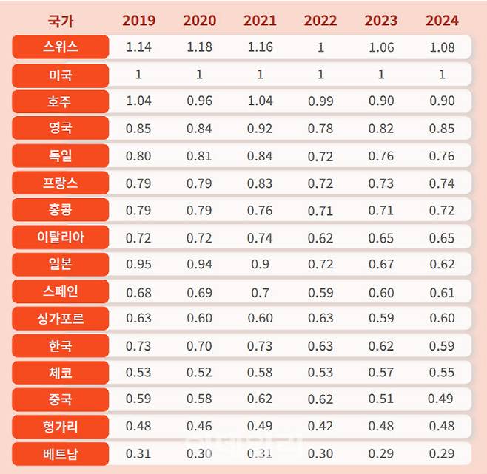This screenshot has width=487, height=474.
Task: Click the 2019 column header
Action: click(x=138, y=21)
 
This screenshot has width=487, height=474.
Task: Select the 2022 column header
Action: click(x=320, y=21)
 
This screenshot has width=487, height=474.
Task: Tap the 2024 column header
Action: click(x=442, y=21)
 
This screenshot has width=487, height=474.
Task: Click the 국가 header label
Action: click(x=61, y=21)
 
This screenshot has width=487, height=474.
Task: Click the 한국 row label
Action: click(x=61, y=345)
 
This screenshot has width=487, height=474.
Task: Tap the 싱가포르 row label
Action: click(x=61, y=319)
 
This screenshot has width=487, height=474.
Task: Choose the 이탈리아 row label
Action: click(x=61, y=237)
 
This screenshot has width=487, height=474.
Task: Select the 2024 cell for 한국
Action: click(x=442, y=345)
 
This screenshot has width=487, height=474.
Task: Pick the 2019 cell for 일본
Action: click(x=138, y=265)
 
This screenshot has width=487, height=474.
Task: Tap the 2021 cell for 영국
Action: click(x=260, y=129)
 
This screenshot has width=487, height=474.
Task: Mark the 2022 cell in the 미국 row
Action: click(x=320, y=75)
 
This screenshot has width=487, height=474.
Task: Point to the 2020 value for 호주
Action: click(x=199, y=101)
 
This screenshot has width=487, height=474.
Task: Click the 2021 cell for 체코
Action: click(x=260, y=373)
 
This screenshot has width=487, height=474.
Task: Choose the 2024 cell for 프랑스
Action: click(x=442, y=183)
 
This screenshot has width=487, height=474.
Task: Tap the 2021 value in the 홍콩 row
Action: click(x=260, y=210)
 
